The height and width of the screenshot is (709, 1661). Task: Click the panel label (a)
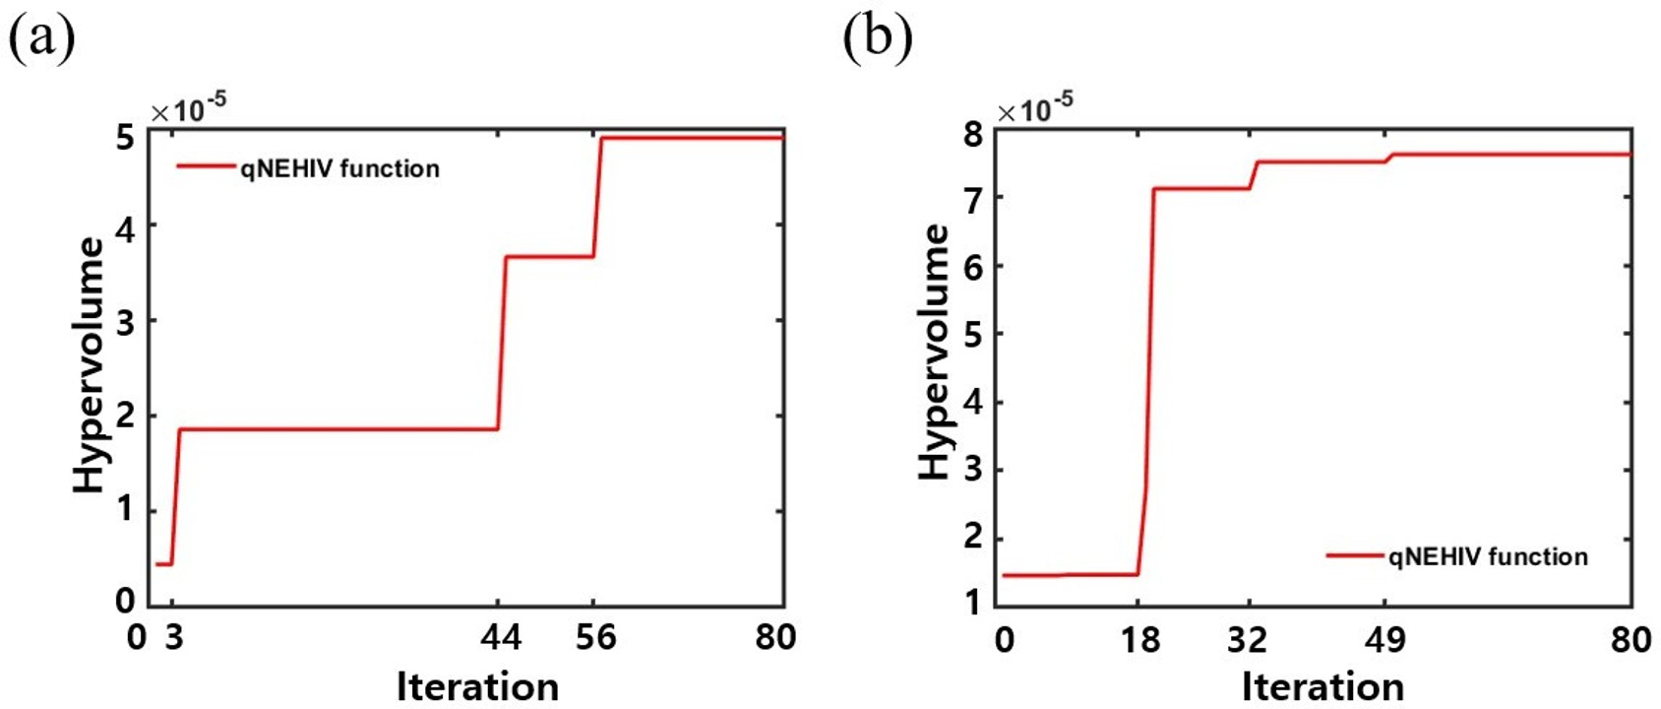[x=41, y=39]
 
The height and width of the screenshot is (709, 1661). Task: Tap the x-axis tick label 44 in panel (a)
[x=500, y=638]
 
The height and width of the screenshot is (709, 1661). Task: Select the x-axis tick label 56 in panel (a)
[x=595, y=638]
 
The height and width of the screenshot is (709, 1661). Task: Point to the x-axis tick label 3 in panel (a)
[x=173, y=638]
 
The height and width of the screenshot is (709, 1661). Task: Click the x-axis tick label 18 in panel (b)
[x=1139, y=640]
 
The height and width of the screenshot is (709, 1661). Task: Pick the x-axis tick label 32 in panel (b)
[x=1247, y=640]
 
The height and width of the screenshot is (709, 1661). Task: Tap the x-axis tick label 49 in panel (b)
[x=1384, y=640]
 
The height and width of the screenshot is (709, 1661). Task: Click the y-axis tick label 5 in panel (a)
[x=125, y=138]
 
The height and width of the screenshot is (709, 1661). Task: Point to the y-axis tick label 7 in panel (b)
[x=973, y=198]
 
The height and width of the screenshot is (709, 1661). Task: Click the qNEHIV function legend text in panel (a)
[x=339, y=168]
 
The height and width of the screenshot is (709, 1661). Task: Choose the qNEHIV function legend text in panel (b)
[x=1488, y=557]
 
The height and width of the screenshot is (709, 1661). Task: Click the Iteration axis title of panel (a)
[x=477, y=686]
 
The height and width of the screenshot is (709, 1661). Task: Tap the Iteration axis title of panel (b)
[x=1322, y=686]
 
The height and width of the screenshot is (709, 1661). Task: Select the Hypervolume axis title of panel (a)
[x=90, y=364]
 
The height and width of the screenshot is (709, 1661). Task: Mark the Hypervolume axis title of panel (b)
[x=935, y=353]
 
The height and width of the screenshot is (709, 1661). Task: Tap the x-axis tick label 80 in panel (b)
[x=1630, y=640]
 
